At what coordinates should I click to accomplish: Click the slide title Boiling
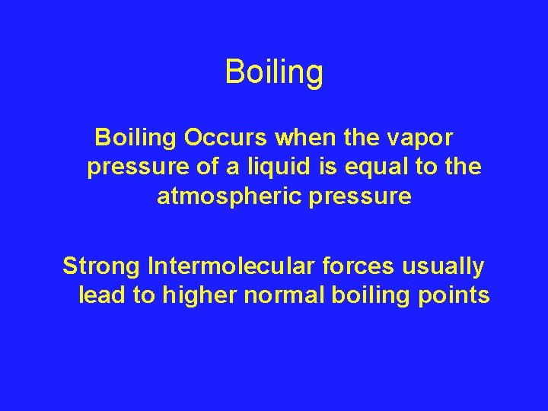(x=274, y=73)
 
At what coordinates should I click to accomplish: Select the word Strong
(x=102, y=267)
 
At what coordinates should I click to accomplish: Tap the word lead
(x=103, y=295)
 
